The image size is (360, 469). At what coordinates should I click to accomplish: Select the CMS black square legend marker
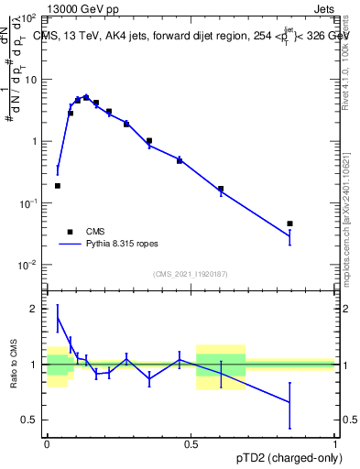click(x=70, y=232)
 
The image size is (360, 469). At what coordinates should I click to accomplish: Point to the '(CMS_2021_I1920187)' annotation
click(x=190, y=274)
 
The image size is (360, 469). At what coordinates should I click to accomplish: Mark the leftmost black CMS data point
click(x=58, y=186)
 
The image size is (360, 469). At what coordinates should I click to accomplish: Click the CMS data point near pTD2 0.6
click(x=221, y=189)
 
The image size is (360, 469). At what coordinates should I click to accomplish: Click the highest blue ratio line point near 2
click(x=58, y=318)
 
